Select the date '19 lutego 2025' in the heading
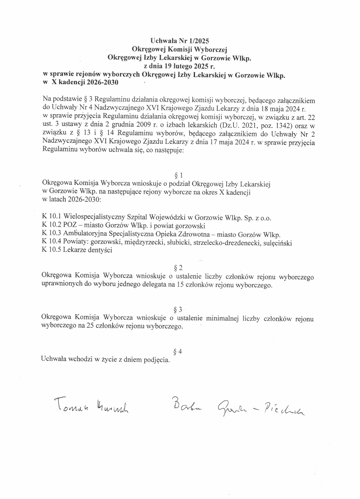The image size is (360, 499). point(176,66)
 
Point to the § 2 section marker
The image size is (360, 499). point(178,268)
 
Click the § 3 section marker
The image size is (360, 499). point(178,309)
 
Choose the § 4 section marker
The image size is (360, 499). point(178,351)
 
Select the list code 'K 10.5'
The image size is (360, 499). point(51,251)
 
